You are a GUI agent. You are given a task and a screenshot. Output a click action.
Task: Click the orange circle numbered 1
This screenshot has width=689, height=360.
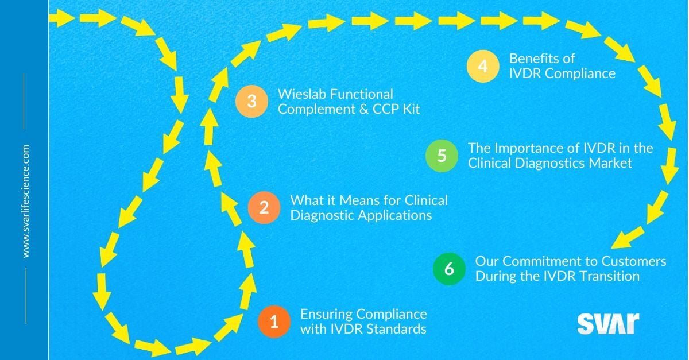tap(274, 322)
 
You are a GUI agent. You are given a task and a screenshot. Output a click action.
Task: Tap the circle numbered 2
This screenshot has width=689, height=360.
tap(264, 207)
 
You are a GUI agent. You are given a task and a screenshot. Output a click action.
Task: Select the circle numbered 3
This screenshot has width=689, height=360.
tap(251, 102)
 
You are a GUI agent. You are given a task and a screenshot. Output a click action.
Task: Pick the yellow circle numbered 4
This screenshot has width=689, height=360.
tap(482, 66)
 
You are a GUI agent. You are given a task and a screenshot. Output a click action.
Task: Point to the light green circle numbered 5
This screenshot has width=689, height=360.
tap(442, 156)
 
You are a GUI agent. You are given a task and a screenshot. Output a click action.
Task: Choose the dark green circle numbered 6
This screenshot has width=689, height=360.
tap(450, 269)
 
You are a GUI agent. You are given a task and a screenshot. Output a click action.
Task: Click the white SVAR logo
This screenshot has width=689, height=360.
tap(607, 324)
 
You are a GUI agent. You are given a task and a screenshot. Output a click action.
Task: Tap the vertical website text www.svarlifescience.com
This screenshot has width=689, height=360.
tap(25, 201)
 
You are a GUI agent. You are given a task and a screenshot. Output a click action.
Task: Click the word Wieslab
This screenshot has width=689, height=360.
tap(299, 94)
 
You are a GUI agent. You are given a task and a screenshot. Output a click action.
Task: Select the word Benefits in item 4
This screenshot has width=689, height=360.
tap(533, 59)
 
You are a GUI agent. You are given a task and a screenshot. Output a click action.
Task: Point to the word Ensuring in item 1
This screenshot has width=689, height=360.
tap(326, 314)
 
